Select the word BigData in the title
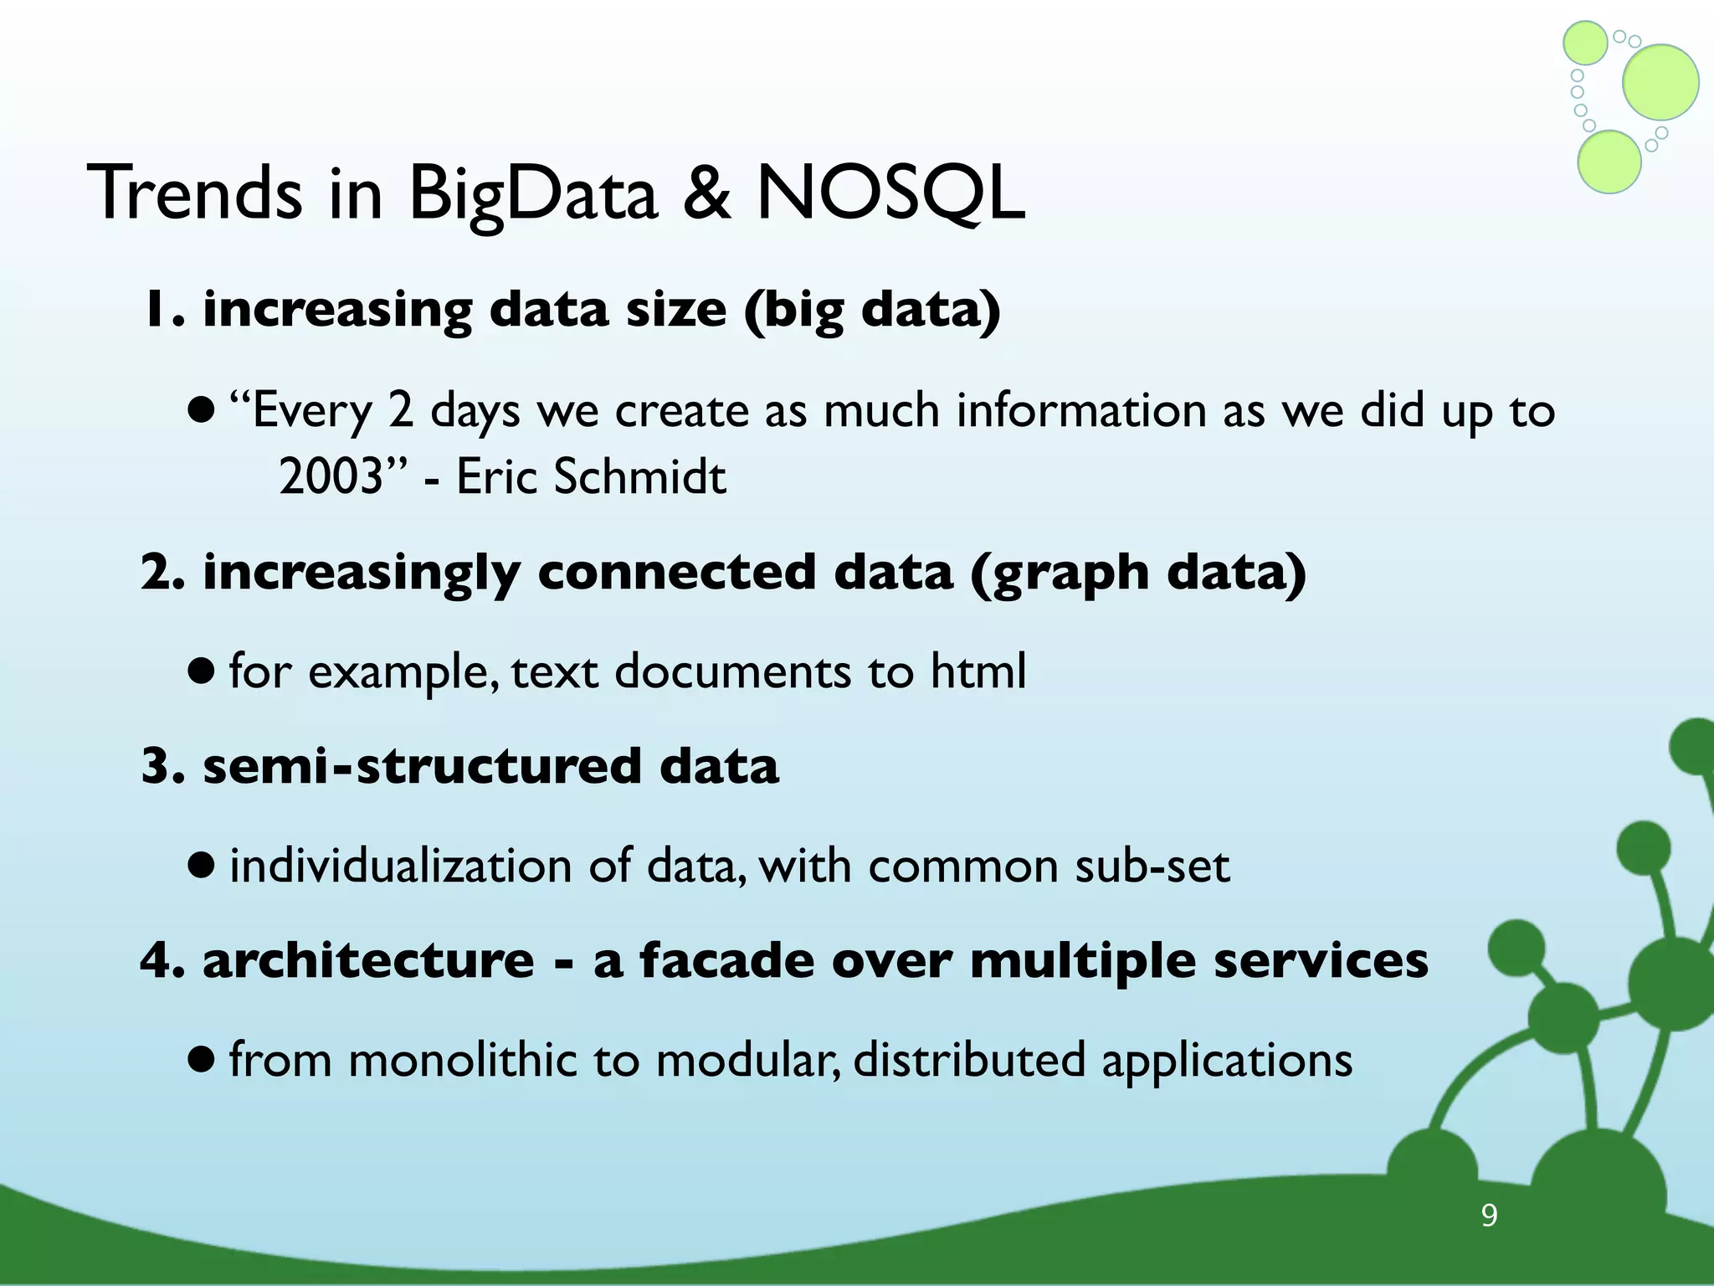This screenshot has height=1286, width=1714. click(533, 194)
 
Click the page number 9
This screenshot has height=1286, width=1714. click(1489, 1215)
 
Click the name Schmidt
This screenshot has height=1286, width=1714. click(640, 477)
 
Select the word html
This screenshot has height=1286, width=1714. click(978, 671)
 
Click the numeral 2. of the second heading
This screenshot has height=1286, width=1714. click(162, 573)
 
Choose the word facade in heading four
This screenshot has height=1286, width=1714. click(726, 960)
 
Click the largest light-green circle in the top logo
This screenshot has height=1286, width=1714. click(1660, 82)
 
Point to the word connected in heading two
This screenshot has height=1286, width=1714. click(676, 573)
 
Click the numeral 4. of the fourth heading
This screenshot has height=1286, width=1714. click(162, 960)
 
